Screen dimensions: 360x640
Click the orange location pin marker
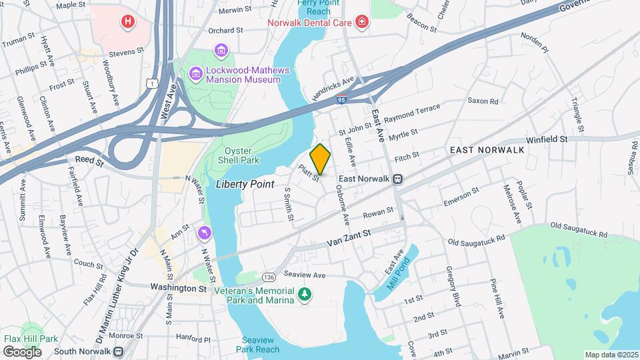point(320,159)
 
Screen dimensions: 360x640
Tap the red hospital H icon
point(127,23)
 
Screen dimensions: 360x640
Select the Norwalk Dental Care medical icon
point(362,23)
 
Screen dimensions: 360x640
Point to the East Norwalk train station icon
point(397,179)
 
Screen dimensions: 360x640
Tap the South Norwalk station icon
point(118,351)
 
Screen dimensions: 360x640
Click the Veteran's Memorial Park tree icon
point(305,294)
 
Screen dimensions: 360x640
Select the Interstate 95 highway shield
point(341,99)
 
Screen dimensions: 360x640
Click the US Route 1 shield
point(153,83)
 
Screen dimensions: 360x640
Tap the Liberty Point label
point(245,184)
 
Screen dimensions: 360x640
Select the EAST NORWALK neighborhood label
point(487,150)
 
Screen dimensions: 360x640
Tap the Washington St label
point(179,289)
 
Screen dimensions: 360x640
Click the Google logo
point(22,351)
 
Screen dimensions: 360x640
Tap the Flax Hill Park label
point(30,338)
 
